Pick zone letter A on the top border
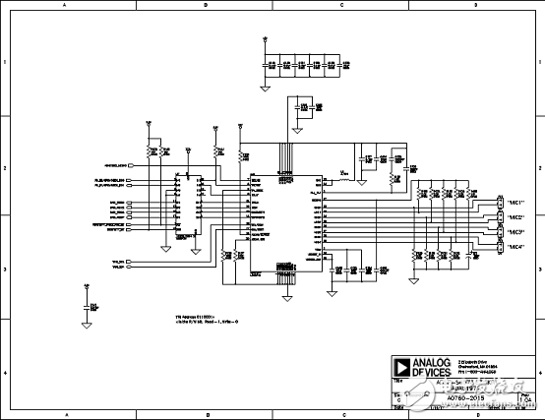point(66,5)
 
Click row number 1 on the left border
point(5,62)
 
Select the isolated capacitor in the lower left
point(88,308)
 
